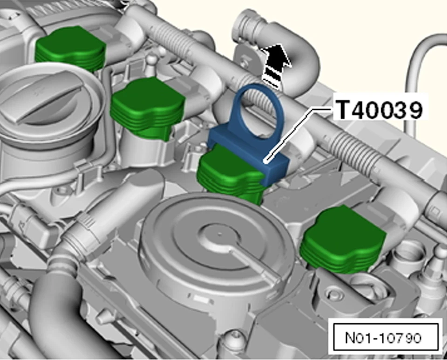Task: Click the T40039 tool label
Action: point(379,110)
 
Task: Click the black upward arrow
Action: point(275,65)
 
